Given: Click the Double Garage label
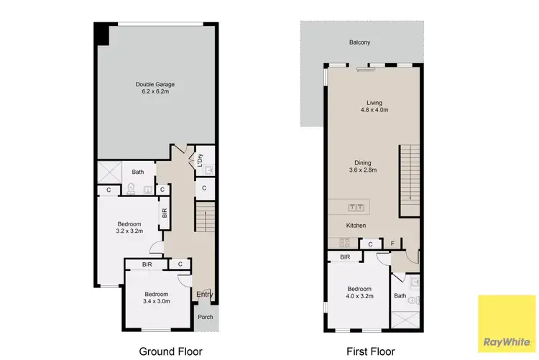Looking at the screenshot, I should pos(155,88).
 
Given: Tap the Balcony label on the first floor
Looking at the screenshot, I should pos(360,42).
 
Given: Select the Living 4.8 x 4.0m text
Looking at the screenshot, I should pos(374,106).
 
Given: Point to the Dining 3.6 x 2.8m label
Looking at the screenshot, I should pos(364,166).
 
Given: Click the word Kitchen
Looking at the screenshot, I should pos(356,226).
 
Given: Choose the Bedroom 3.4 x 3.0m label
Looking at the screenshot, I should pos(156,298).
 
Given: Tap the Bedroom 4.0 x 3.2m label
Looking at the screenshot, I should pos(357,291).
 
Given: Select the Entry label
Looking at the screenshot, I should pos(205,293).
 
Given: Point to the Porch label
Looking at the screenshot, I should pos(206,317).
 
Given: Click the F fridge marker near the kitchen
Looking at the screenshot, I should pos(392,244).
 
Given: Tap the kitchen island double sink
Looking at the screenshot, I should pos(356,208).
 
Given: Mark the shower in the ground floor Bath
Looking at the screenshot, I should pos(111,172).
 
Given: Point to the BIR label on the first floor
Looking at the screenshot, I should pos(345,257).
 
